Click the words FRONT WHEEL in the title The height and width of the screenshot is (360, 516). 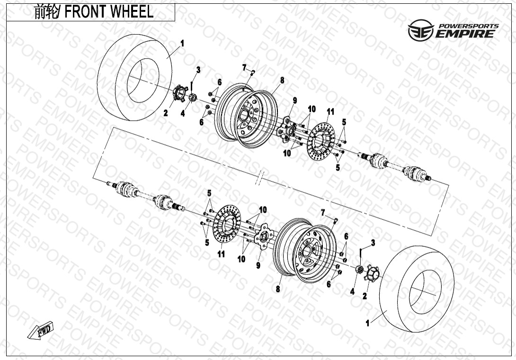pyautogui.click(x=109, y=12)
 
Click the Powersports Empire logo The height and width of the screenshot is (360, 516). pyautogui.click(x=453, y=30)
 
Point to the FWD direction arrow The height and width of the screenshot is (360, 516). pyautogui.click(x=41, y=330)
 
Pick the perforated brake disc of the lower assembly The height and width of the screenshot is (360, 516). pyautogui.click(x=227, y=225)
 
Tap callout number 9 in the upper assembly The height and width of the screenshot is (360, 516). pyautogui.click(x=294, y=100)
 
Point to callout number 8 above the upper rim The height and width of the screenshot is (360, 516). pyautogui.click(x=282, y=81)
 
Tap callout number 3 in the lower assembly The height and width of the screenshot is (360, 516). pyautogui.click(x=373, y=243)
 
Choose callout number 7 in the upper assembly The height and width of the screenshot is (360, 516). pyautogui.click(x=245, y=67)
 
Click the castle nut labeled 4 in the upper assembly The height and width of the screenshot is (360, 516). pyautogui.click(x=193, y=98)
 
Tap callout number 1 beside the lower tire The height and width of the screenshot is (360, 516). pyautogui.click(x=368, y=324)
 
